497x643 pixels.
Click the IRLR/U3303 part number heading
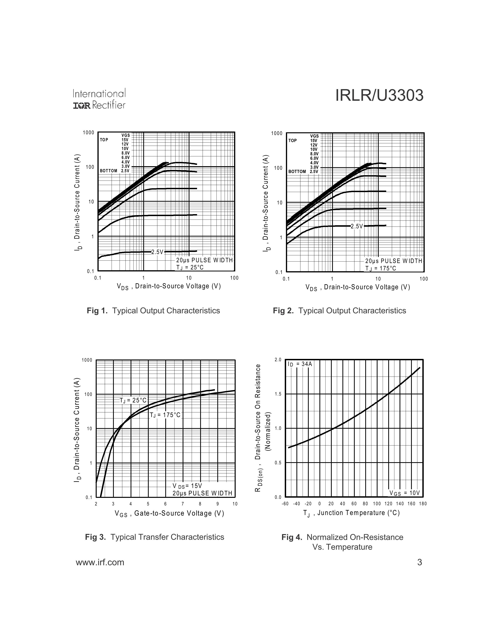click(x=379, y=96)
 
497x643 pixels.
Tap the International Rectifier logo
click(x=99, y=99)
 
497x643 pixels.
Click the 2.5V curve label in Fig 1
click(x=157, y=252)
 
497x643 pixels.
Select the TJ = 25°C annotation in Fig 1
click(x=190, y=267)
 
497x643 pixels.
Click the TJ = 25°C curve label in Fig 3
click(x=133, y=400)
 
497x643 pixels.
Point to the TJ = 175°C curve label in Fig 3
click(x=165, y=415)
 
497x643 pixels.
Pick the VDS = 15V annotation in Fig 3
click(x=187, y=486)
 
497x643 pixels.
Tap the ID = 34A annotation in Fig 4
click(x=300, y=364)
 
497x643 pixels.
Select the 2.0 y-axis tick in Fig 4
click(x=278, y=360)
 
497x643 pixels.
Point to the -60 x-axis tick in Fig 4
click(x=285, y=504)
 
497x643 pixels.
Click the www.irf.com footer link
click(x=100, y=562)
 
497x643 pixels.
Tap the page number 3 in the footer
click(x=420, y=562)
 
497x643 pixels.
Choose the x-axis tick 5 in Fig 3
click(x=148, y=504)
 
